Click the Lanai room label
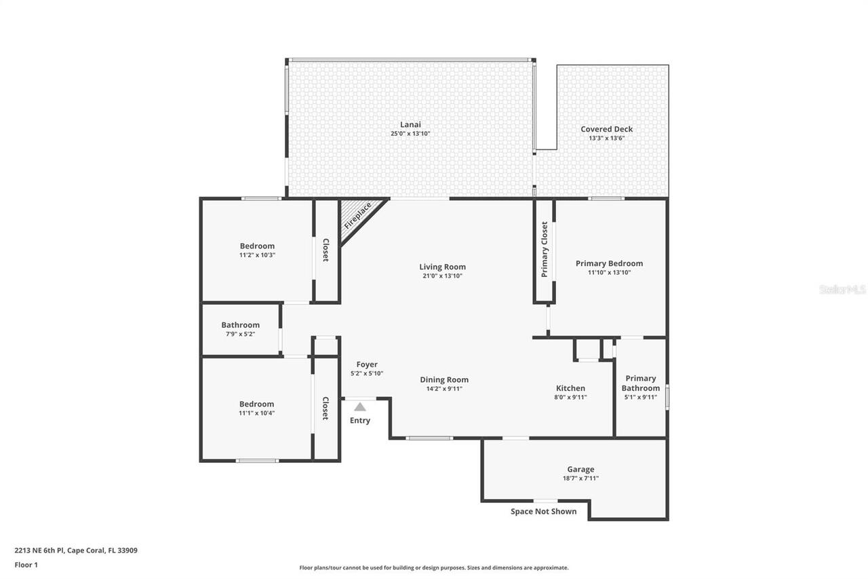tap(410, 124)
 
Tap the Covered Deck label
tap(606, 129)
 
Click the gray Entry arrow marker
tap(360, 407)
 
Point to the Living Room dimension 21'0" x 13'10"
tap(442, 276)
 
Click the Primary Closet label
tap(545, 250)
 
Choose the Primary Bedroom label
tap(609, 263)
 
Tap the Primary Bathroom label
tap(640, 383)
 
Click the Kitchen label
tap(570, 388)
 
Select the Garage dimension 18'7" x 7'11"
tap(580, 479)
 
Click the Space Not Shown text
tap(543, 512)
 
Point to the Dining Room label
tap(444, 379)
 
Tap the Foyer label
tap(367, 365)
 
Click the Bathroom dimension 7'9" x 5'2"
tap(240, 334)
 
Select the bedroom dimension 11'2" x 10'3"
tap(257, 255)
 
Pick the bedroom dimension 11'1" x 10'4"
tap(256, 413)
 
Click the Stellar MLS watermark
tap(842, 290)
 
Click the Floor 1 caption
tap(26, 565)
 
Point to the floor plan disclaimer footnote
tap(434, 567)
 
